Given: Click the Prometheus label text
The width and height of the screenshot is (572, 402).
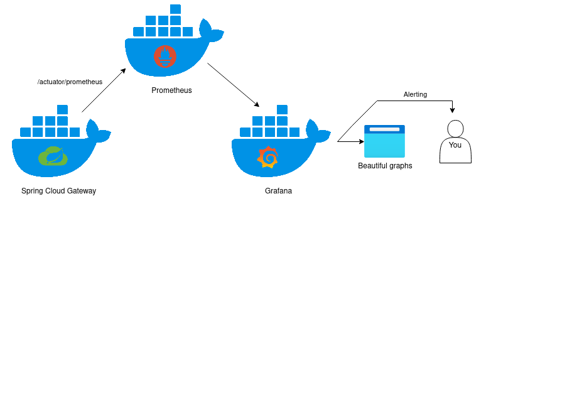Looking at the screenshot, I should [171, 90].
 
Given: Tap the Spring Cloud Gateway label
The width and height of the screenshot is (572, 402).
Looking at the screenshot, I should [58, 191].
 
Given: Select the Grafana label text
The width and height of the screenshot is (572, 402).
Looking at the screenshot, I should [278, 191].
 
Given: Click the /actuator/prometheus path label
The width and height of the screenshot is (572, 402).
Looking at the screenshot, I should [70, 82].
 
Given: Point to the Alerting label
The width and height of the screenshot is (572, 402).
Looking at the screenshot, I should [415, 94].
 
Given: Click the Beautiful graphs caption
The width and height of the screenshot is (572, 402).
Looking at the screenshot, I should [385, 166].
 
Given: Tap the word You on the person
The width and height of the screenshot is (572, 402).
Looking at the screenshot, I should [455, 145].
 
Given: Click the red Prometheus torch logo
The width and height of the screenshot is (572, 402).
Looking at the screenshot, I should [165, 56].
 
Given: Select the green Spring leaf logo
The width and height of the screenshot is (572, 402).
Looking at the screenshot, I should [53, 156].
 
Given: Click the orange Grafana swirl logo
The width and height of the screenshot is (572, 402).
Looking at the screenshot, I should [268, 157].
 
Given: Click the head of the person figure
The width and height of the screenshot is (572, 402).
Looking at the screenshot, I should [455, 128].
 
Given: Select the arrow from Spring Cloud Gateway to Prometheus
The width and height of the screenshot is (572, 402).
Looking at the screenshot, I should [104, 90].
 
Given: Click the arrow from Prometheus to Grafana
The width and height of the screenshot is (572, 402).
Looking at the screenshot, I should [233, 84].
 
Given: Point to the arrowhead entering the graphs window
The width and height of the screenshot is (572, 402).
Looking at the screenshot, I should [362, 141].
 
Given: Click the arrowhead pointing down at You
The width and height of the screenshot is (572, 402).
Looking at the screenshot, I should [452, 111].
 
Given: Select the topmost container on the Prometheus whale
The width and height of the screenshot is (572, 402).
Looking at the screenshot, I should [175, 9].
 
